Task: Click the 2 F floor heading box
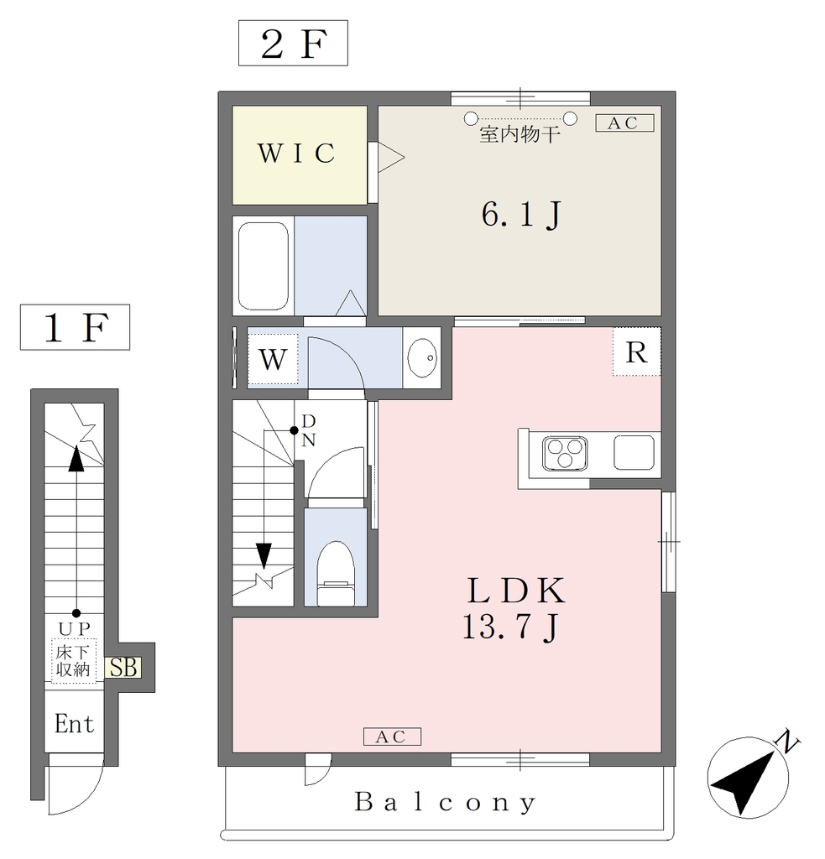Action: click(293, 44)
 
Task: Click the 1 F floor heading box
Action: click(75, 327)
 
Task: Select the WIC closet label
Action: click(296, 154)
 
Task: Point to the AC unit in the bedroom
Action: click(625, 122)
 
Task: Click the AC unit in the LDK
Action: click(393, 737)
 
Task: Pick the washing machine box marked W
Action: click(273, 359)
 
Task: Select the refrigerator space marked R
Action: click(636, 351)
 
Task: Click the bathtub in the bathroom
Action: click(264, 266)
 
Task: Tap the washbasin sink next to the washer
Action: click(422, 357)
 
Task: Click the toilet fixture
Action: click(336, 572)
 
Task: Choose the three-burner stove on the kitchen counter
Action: click(565, 453)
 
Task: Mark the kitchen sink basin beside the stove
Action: click(634, 452)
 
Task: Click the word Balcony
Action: click(445, 803)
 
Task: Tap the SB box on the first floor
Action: click(123, 668)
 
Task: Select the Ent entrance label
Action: click(75, 724)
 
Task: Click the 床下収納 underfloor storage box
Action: click(74, 661)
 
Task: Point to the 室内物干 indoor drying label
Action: click(520, 134)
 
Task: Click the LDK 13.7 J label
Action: click(514, 607)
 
